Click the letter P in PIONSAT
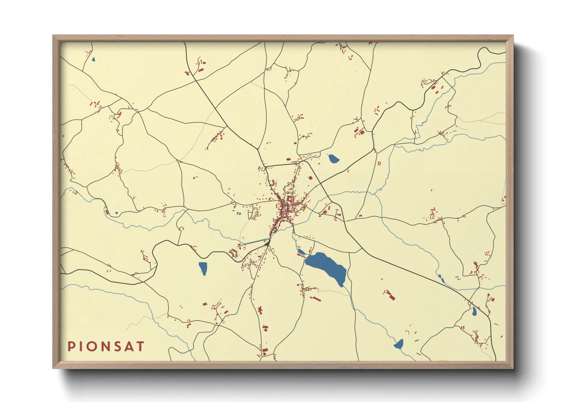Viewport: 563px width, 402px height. pyautogui.click(x=71, y=346)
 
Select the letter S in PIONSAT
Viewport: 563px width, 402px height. pyautogui.click(x=118, y=346)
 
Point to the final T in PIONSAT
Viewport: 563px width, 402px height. pyautogui.click(x=140, y=346)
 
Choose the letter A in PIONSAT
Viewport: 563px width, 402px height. pyautogui.click(x=129, y=346)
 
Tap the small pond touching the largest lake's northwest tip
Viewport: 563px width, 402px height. pyautogui.click(x=301, y=252)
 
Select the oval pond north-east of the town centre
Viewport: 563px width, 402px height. pyautogui.click(x=334, y=158)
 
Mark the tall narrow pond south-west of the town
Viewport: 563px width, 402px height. pyautogui.click(x=203, y=268)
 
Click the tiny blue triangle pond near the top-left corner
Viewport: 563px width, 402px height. pyautogui.click(x=93, y=59)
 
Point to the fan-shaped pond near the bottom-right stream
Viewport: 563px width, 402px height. pyautogui.click(x=398, y=344)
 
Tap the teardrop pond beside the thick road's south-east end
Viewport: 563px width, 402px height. pyautogui.click(x=474, y=312)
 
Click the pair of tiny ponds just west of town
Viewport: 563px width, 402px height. pyautogui.click(x=239, y=214)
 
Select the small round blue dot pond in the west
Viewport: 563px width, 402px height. pyautogui.click(x=116, y=213)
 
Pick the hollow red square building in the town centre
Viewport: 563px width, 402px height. pyautogui.click(x=289, y=199)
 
